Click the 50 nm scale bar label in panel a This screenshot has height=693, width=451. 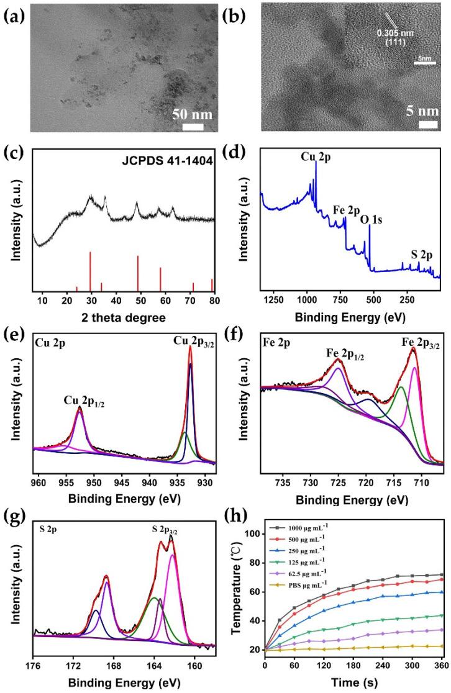coord(192,115)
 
